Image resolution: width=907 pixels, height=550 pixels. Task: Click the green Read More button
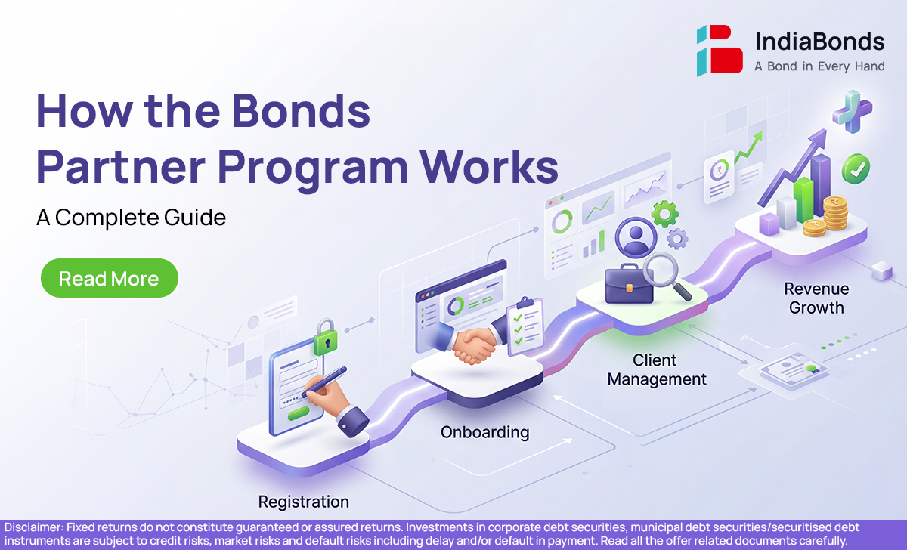coord(110,278)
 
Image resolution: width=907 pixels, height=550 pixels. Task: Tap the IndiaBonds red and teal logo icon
coord(720,51)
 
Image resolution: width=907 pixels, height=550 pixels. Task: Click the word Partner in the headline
coord(121,167)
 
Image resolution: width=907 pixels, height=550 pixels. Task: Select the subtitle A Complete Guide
coord(131,218)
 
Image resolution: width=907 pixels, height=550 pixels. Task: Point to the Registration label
coord(304,502)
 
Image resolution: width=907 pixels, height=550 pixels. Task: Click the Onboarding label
coord(484,433)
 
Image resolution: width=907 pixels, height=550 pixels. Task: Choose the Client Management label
coord(657,370)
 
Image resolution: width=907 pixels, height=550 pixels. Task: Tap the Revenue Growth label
coord(816,298)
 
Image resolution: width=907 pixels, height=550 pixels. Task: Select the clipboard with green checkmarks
coord(525,326)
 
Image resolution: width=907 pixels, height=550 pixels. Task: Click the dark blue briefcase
coord(629,284)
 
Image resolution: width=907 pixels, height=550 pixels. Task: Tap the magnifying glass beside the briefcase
coord(665,275)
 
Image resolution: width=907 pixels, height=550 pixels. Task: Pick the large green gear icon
coord(664,214)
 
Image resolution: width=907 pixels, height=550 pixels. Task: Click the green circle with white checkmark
coord(856,168)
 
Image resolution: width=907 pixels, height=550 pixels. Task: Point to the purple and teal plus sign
coord(853,111)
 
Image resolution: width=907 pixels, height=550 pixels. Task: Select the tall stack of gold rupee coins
coord(835,213)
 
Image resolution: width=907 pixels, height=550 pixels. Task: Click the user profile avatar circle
coord(636,237)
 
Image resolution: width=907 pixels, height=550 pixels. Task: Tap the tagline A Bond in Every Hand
coord(819,66)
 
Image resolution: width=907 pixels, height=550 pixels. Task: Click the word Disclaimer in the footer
coord(33,527)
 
